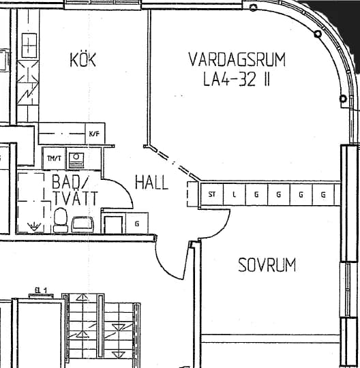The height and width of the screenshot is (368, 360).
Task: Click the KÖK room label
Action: [83, 59]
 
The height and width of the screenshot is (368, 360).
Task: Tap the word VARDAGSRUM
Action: [237, 59]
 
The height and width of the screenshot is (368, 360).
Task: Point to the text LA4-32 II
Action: [236, 79]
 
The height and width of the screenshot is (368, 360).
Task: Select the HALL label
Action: [151, 183]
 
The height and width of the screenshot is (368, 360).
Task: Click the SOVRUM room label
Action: [267, 265]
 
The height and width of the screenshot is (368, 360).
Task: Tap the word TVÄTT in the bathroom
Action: [76, 198]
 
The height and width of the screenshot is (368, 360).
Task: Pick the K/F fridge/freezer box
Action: [95, 134]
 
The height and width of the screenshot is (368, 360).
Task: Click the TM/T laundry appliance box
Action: [55, 158]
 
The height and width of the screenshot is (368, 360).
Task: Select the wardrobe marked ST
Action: [212, 194]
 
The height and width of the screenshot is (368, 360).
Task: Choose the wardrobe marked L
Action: [234, 194]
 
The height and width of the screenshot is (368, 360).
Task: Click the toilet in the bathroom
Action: [61, 220]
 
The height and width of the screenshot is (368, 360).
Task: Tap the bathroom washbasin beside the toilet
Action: [82, 225]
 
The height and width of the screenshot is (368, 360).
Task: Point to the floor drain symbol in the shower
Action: [34, 226]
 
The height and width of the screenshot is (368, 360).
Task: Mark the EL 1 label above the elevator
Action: [41, 290]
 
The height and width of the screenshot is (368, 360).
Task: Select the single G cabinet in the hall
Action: [137, 223]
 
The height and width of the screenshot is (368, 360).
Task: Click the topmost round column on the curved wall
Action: [253, 7]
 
